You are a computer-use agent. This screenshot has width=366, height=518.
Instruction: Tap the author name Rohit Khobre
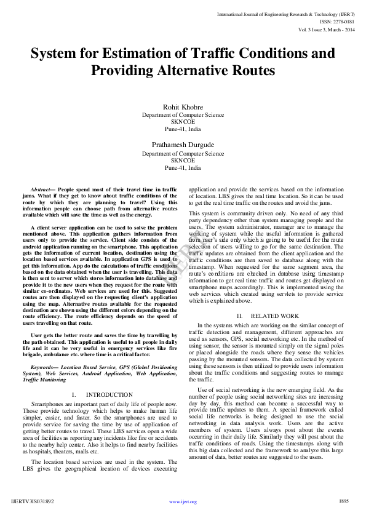pyautogui.click(x=183, y=107)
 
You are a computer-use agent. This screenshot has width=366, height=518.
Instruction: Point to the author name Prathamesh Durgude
pyautogui.click(x=183, y=145)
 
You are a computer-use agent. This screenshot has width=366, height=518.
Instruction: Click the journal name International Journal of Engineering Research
pyautogui.click(x=277, y=13)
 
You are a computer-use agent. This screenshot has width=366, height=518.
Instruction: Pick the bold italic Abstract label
pyautogui.click(x=42, y=191)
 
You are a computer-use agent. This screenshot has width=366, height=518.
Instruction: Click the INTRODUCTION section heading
pyautogui.click(x=109, y=394)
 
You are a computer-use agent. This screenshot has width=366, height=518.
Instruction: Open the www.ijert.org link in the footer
pyautogui.click(x=183, y=501)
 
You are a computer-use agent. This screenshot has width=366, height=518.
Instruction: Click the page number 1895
pyautogui.click(x=343, y=501)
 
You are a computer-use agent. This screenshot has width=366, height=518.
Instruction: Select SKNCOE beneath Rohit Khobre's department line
pyautogui.click(x=183, y=122)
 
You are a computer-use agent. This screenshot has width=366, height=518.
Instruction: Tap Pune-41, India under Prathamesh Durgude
pyautogui.click(x=183, y=167)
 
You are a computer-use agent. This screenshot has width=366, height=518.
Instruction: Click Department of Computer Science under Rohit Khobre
pyautogui.click(x=183, y=115)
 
